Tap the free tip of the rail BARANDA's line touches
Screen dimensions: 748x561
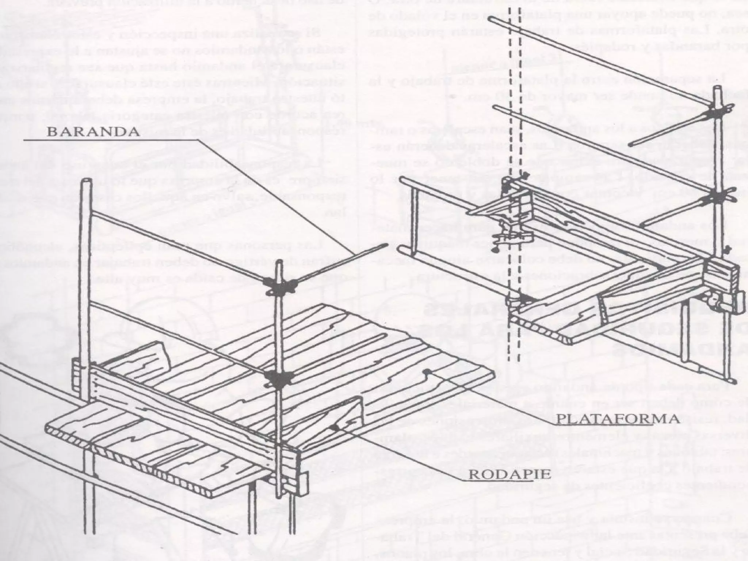383,248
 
